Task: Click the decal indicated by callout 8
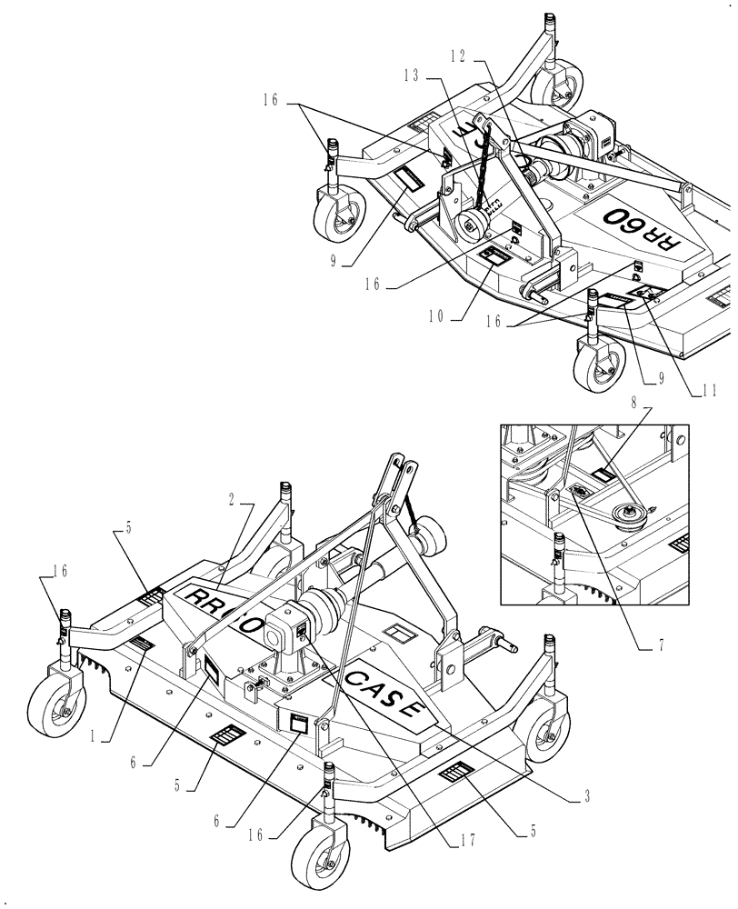tap(603, 473)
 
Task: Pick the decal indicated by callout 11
tap(647, 291)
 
